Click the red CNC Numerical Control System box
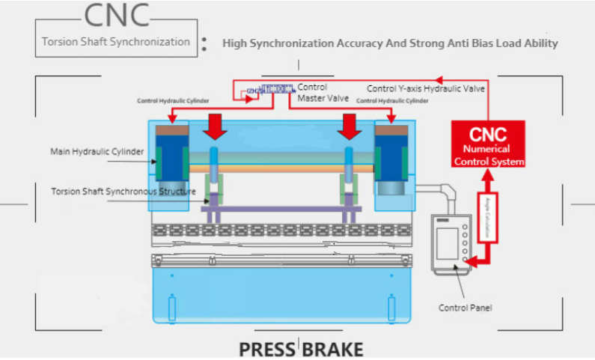pos(487,144)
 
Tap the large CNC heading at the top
pos(116,14)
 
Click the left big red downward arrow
pos(216,126)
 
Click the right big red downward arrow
pos(349,126)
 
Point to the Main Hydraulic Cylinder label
pos(97,152)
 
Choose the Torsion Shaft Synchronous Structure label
pos(123,191)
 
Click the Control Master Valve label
pos(313,92)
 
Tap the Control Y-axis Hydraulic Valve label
pos(426,88)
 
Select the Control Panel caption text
pos(465,308)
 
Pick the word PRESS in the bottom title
pos(267,349)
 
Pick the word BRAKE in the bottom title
pos(334,349)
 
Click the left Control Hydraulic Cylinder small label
pos(173,100)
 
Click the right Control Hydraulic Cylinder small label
pos(392,100)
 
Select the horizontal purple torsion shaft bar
pos(276,210)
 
